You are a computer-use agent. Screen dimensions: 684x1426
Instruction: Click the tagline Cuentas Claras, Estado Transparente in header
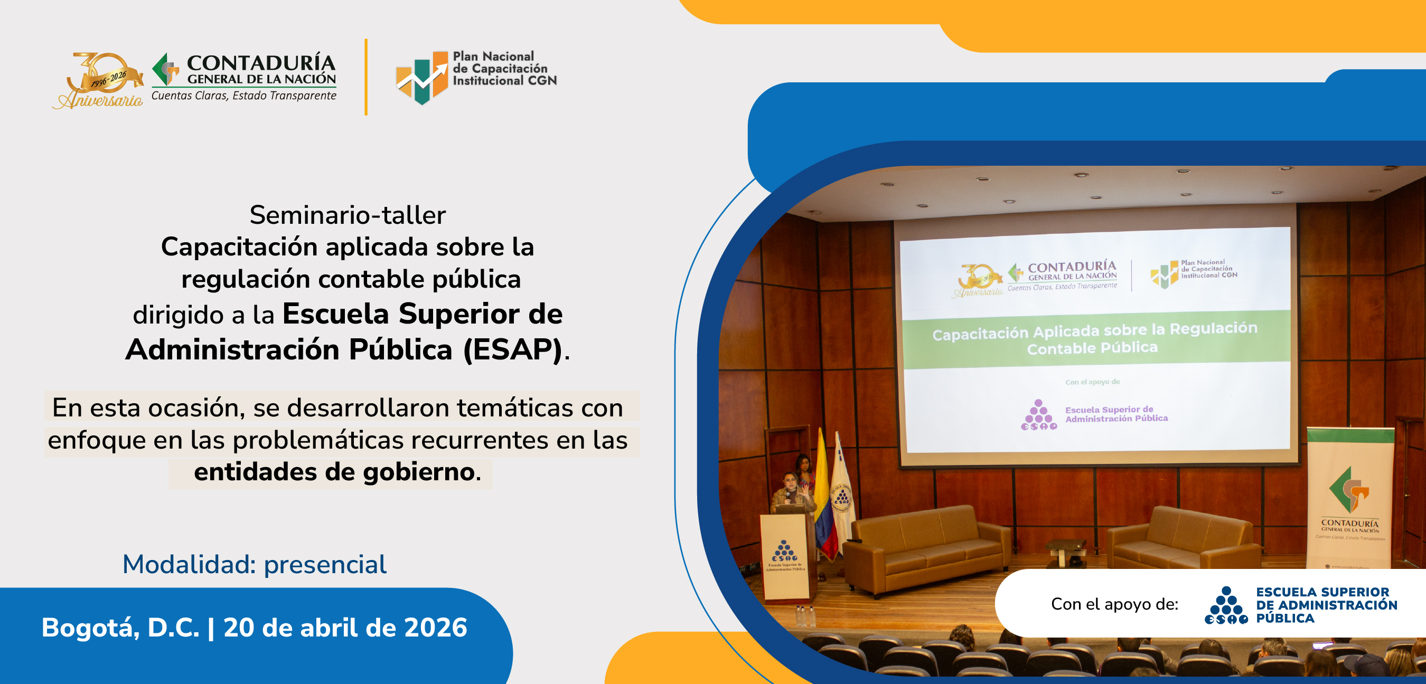[243, 96]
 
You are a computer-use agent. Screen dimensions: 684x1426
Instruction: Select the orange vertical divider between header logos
[366, 77]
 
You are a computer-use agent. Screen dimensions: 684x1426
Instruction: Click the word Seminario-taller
[347, 215]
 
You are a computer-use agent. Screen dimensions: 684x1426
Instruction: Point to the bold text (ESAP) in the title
[512, 350]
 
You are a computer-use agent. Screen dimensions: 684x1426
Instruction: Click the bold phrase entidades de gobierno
[334, 472]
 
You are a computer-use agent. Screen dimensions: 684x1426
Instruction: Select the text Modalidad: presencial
[254, 565]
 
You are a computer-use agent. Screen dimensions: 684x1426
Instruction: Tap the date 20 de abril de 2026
[345, 628]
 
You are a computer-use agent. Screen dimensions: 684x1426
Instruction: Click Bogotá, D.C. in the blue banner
[120, 628]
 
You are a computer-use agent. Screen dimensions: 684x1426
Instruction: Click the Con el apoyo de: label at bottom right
[1114, 604]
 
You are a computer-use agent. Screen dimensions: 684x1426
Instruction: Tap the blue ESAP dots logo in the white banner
[1226, 605]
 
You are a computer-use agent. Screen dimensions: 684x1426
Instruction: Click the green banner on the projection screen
[1094, 338]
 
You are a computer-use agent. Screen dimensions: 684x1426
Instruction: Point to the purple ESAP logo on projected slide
[1038, 415]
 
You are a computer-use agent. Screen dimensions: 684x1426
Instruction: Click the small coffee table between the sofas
[1065, 550]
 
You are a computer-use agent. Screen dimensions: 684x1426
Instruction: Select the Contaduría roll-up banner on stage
[1349, 498]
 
